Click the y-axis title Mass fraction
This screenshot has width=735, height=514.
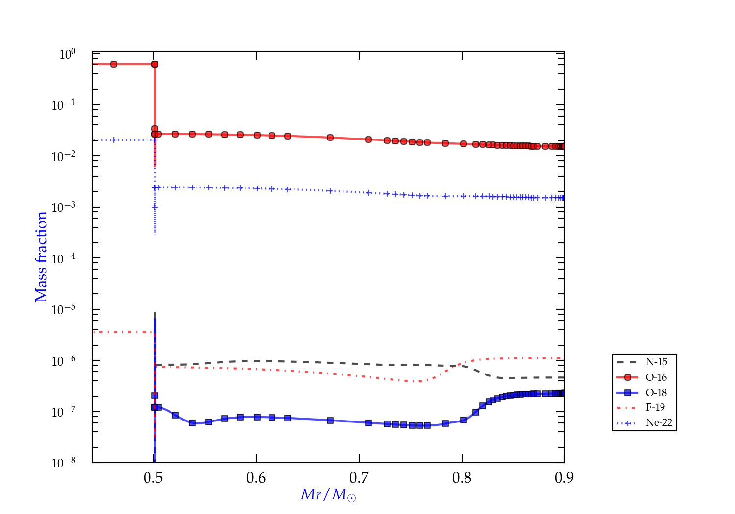point(41,257)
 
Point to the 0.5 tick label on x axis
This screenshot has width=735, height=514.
point(153,478)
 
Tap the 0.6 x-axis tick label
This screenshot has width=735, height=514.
point(256,478)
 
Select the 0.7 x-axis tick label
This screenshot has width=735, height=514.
point(359,478)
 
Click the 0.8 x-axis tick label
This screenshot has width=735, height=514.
point(462,478)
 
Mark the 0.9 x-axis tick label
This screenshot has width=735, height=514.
point(564,478)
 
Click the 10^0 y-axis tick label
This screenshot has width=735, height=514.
point(67,54)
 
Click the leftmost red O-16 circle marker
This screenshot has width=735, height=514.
point(114,64)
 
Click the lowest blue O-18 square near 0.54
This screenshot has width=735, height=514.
point(192,423)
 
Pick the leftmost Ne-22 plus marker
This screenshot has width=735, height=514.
point(114,140)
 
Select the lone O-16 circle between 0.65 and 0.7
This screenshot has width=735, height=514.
point(330,138)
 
